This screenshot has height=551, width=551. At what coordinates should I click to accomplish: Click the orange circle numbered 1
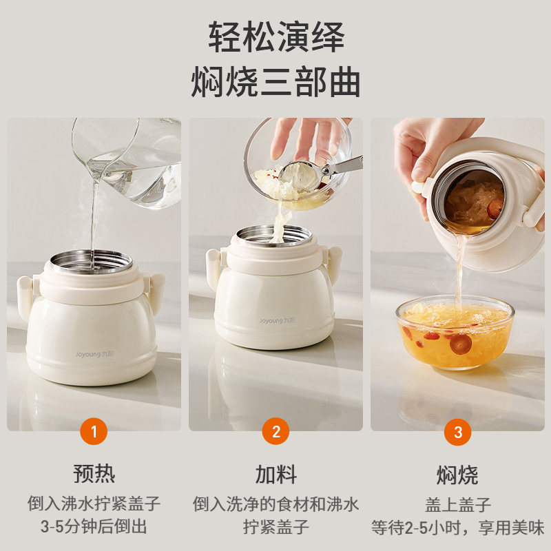[94, 431]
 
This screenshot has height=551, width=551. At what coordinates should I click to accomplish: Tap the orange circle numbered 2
[276, 431]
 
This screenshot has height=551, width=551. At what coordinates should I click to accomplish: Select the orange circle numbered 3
[457, 432]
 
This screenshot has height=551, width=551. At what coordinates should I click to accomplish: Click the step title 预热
[94, 474]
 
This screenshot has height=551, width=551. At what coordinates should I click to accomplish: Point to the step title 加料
[276, 475]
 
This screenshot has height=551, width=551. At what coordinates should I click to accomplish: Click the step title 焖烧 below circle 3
[457, 475]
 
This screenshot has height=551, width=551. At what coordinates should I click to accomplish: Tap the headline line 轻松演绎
[276, 37]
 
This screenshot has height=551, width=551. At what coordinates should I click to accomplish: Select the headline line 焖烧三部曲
[275, 82]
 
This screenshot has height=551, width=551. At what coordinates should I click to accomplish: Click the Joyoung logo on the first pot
[94, 354]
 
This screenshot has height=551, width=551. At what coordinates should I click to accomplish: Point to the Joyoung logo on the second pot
[278, 320]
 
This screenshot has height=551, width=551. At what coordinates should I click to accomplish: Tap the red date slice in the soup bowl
[461, 344]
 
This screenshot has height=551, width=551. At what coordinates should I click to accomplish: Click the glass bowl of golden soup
[455, 332]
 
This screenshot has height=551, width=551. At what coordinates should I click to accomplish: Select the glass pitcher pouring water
[127, 162]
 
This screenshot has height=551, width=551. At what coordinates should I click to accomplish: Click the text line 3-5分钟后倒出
[94, 526]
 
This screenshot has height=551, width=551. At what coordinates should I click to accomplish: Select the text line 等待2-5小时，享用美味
[457, 528]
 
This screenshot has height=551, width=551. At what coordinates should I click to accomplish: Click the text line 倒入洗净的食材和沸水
[276, 504]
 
